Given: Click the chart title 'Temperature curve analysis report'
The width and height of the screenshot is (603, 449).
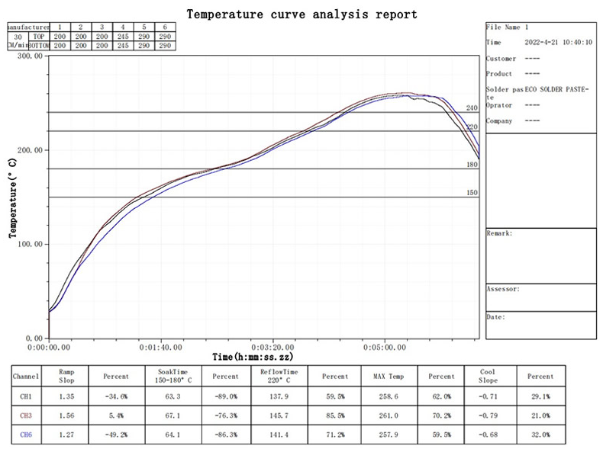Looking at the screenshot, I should pos(301,14).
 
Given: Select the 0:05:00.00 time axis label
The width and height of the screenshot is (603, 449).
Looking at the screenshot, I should pos(382,346).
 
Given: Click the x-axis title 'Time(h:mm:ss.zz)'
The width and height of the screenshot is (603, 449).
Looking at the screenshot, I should pos(253,357).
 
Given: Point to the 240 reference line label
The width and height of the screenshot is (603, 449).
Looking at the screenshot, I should pos(472,108).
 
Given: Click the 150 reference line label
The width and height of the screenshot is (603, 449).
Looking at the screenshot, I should pos(472,194).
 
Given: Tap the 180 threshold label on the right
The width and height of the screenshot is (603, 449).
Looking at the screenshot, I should pos(472,165).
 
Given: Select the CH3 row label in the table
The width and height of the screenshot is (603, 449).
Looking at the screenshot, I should pos(26,415).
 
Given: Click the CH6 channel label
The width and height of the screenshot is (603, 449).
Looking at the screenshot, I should pos(26,435).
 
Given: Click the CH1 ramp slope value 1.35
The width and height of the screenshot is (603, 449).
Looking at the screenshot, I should pos(66,396).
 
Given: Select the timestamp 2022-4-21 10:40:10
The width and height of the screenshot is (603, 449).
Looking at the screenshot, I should pos(559,43).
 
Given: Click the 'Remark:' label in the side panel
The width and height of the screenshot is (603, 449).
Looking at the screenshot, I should pos(499,233).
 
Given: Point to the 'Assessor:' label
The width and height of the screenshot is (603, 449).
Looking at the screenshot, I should pos(503,290).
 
